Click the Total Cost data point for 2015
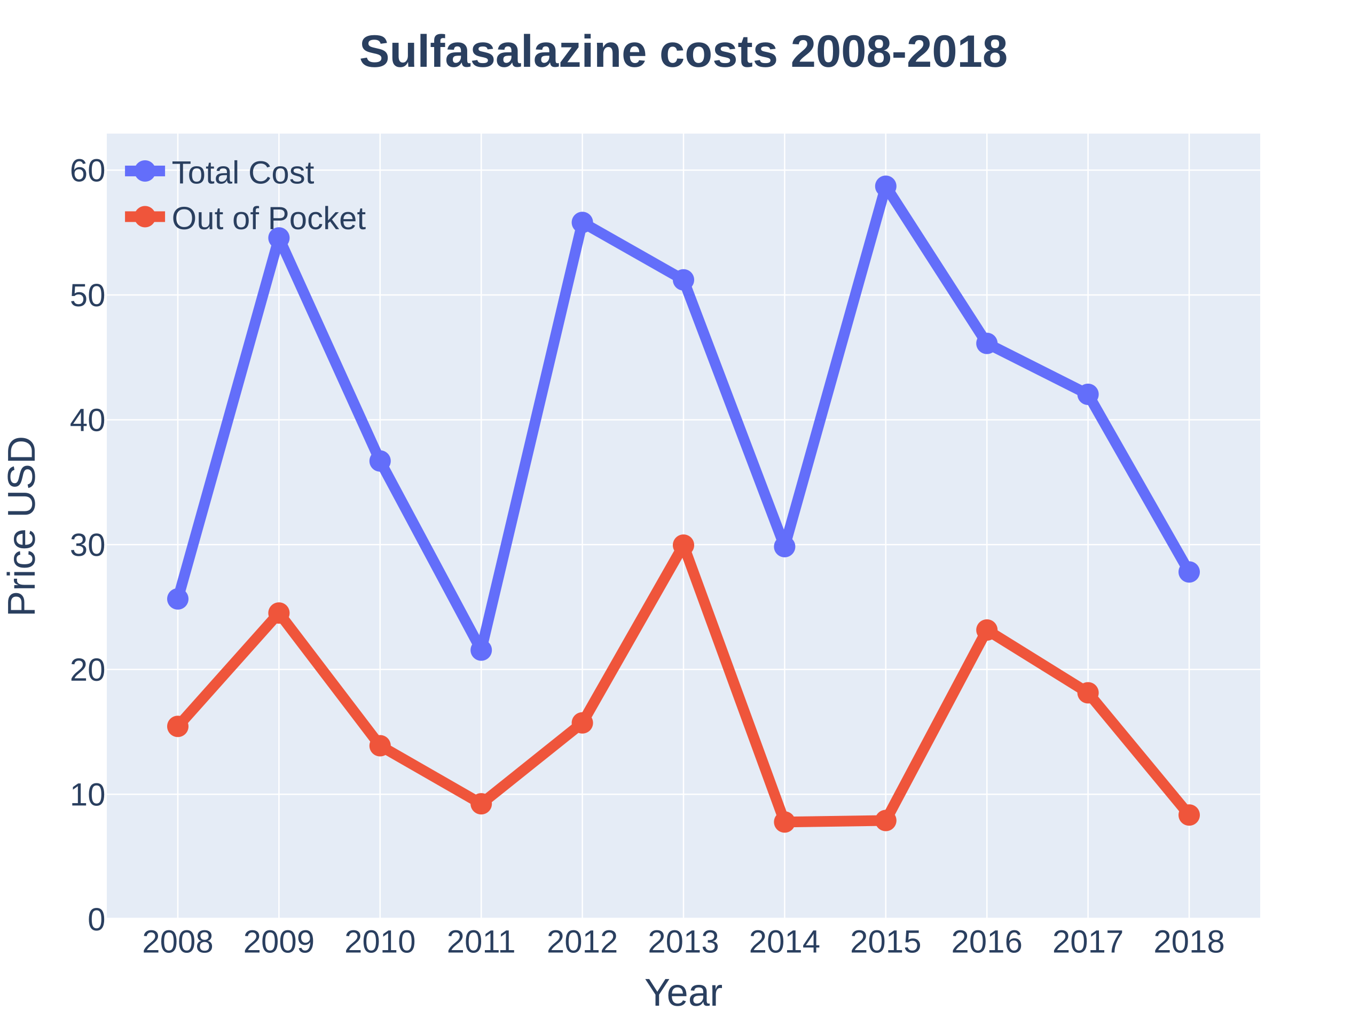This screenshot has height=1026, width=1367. click(x=885, y=186)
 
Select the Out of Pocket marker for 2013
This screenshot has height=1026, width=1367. click(x=683, y=546)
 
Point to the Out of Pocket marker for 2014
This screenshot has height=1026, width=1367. click(x=784, y=822)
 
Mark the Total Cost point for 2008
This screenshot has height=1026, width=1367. click(x=177, y=598)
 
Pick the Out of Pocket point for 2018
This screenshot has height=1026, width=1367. click(x=1189, y=815)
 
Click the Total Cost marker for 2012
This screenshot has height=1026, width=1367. click(x=582, y=222)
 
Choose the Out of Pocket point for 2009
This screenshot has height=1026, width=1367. click(x=279, y=613)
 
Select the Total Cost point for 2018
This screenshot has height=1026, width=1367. click(x=1189, y=572)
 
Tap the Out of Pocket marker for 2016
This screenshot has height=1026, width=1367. click(x=987, y=630)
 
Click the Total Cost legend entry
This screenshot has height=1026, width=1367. click(x=243, y=173)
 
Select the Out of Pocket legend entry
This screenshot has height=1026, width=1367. click(x=268, y=219)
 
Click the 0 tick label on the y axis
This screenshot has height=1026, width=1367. click(x=97, y=920)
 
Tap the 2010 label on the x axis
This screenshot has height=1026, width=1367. click(x=380, y=942)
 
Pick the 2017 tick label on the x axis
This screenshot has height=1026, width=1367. click(x=1088, y=942)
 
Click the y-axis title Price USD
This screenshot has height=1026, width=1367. click(x=22, y=526)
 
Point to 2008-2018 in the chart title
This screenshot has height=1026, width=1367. click(x=899, y=51)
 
